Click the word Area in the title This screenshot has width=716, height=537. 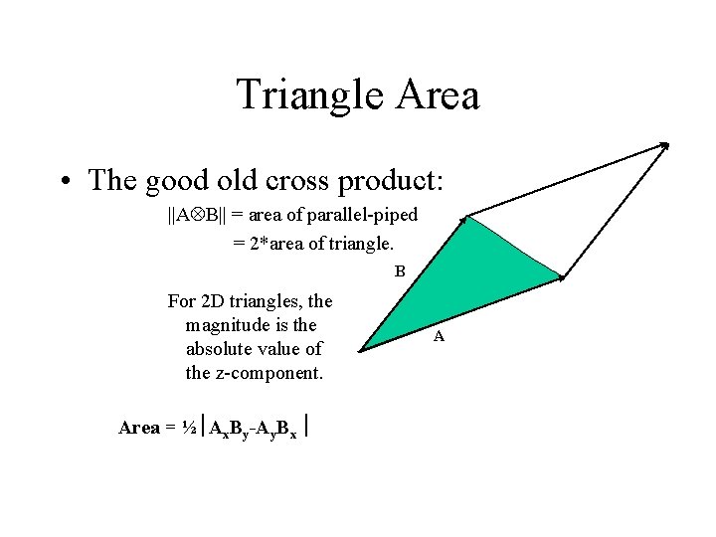[439, 95]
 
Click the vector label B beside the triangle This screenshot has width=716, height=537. [399, 270]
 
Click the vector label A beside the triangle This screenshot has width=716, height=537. [439, 337]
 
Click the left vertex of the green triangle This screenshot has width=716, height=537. [360, 349]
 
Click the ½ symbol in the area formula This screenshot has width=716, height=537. [189, 428]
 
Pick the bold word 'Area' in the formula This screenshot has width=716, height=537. [138, 428]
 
